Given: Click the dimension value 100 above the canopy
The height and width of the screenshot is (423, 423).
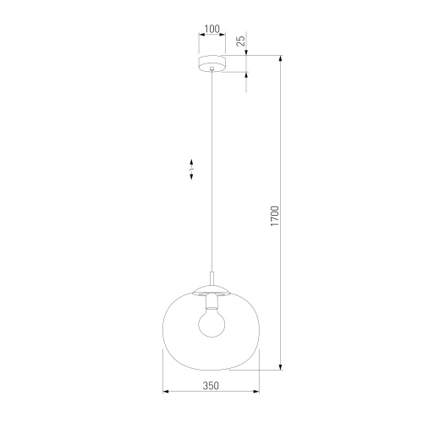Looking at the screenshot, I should [x=211, y=29].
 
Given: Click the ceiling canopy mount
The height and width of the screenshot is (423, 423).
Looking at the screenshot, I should [x=211, y=63].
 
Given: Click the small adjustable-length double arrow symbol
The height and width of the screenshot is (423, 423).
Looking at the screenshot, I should [x=192, y=168].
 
